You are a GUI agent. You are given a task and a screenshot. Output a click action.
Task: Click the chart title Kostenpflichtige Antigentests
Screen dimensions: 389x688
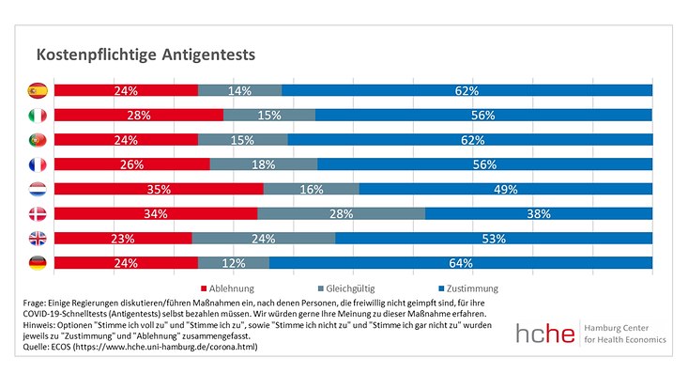point(145,55)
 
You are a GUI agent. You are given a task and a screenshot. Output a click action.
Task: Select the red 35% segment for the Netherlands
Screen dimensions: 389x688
point(158,189)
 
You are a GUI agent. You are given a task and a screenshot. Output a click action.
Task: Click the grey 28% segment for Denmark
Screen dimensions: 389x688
point(341,213)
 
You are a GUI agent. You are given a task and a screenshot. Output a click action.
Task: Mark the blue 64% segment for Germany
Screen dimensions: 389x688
point(460,262)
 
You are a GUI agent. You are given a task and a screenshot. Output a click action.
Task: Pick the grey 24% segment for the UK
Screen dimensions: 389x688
point(263,238)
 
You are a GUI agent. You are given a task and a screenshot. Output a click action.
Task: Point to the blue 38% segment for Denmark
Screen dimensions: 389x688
point(538,213)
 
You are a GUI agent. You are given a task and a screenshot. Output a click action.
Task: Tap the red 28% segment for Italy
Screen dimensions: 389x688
point(138,116)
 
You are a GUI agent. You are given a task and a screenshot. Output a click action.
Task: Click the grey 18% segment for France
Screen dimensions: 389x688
point(263,164)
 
